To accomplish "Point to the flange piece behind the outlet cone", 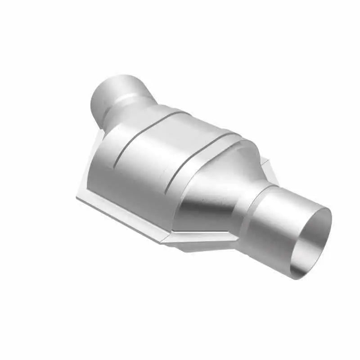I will point(265,169).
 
